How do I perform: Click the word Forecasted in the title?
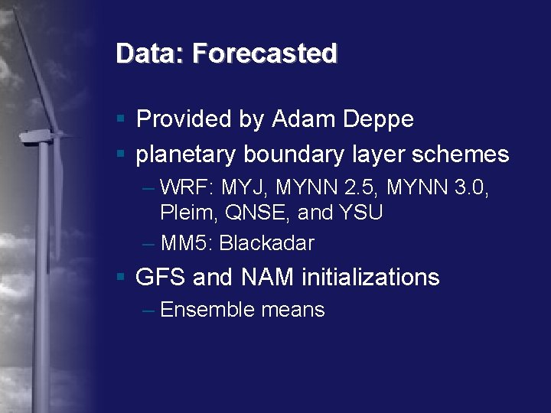[x=265, y=54]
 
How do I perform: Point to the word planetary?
[x=186, y=154]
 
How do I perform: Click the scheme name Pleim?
[x=187, y=213]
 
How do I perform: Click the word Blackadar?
[x=267, y=243]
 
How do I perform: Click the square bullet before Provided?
[x=121, y=119]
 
